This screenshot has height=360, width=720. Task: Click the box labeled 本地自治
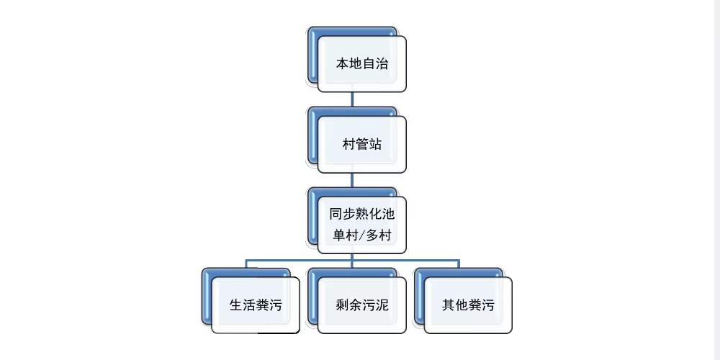(362, 64)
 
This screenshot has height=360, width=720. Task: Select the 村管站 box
(362, 144)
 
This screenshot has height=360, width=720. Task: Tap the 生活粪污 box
(256, 305)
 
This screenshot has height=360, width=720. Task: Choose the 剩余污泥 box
(362, 305)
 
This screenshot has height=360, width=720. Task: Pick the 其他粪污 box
(468, 305)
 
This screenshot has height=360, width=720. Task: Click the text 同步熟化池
(362, 214)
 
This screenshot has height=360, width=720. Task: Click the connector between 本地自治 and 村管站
(352, 99)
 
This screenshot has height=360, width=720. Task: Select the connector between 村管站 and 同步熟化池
(352, 180)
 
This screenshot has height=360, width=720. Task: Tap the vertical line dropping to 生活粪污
(246, 264)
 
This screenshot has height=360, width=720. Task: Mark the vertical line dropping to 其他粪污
(459, 264)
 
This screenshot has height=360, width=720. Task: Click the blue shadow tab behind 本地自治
(312, 55)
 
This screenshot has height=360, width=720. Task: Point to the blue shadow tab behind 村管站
(312, 135)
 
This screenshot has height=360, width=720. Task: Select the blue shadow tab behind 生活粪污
(206, 297)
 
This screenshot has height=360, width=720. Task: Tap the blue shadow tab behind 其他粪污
(419, 297)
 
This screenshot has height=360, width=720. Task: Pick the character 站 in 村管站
(375, 145)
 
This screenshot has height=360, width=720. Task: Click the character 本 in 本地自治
(343, 64)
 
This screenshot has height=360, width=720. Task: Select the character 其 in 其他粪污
(449, 305)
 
